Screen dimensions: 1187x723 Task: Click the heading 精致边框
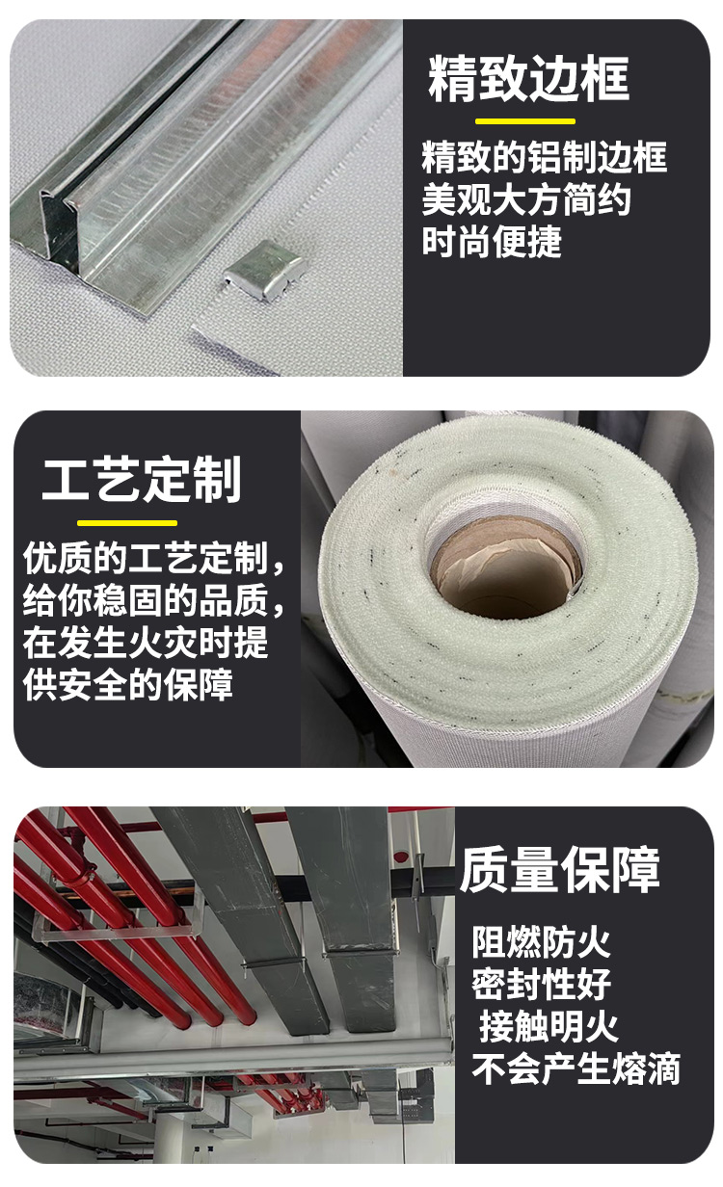click(x=528, y=79)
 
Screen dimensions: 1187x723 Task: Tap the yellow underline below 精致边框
click(x=525, y=121)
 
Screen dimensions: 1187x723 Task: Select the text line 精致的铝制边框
click(x=544, y=157)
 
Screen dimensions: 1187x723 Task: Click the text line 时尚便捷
click(x=492, y=242)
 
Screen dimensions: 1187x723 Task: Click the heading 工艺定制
click(x=141, y=480)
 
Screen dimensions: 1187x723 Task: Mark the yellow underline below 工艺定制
click(x=127, y=523)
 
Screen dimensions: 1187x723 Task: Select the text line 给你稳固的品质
click(x=154, y=601)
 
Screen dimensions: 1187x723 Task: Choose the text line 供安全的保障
click(x=128, y=685)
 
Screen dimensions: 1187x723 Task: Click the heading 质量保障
click(x=559, y=871)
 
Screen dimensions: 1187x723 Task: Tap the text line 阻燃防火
click(x=541, y=942)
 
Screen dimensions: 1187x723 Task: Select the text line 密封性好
click(x=541, y=985)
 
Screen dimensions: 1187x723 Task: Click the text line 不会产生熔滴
click(x=576, y=1069)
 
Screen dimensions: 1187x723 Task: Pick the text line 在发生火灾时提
click(x=146, y=644)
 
